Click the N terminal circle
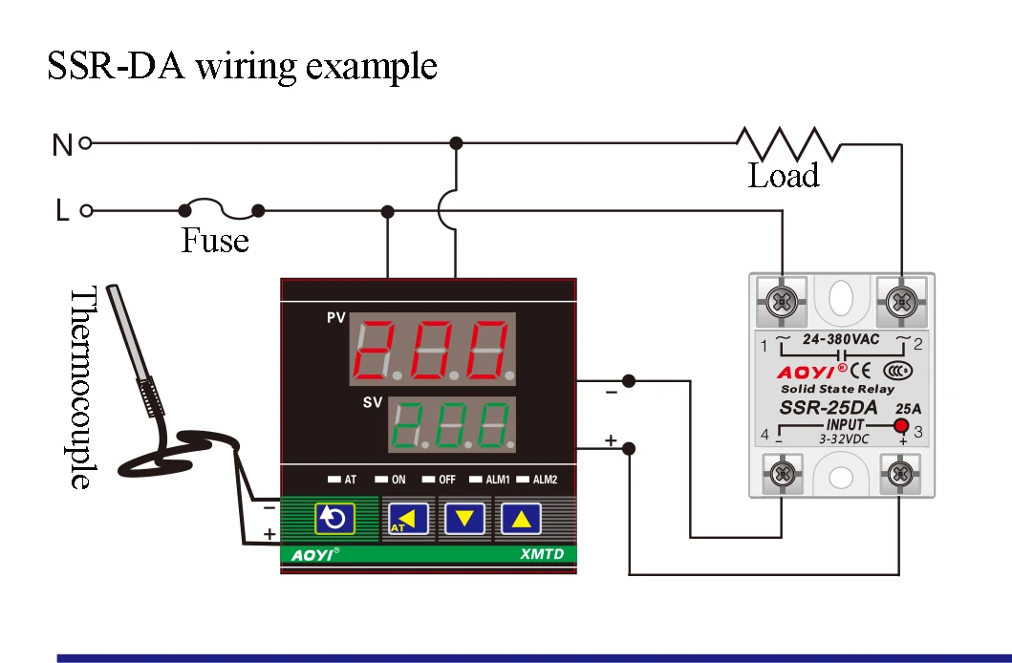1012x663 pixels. [x=85, y=143]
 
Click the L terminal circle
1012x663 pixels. [x=85, y=210]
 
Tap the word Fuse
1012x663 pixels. [x=215, y=240]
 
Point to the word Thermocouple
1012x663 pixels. [x=84, y=387]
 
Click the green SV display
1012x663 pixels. [x=452, y=426]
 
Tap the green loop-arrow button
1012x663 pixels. [x=334, y=518]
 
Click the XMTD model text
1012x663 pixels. [x=539, y=553]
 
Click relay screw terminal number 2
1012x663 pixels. [x=901, y=303]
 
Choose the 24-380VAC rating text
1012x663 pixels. [x=841, y=339]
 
